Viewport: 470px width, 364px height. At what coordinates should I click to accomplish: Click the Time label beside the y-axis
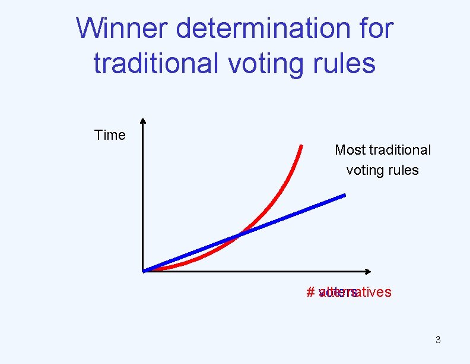click(x=110, y=135)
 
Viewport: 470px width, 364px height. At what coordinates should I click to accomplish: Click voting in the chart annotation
click(x=364, y=170)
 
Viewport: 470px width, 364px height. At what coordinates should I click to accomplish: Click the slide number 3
click(x=438, y=340)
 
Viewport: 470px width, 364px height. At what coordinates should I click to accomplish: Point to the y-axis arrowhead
click(x=143, y=121)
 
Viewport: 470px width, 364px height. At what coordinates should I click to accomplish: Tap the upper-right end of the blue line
click(x=344, y=195)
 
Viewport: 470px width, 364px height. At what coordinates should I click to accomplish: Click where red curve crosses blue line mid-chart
click(x=239, y=235)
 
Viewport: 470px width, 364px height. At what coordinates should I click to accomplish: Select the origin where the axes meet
click(x=144, y=271)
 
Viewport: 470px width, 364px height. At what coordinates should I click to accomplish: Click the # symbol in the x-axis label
click(x=310, y=292)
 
